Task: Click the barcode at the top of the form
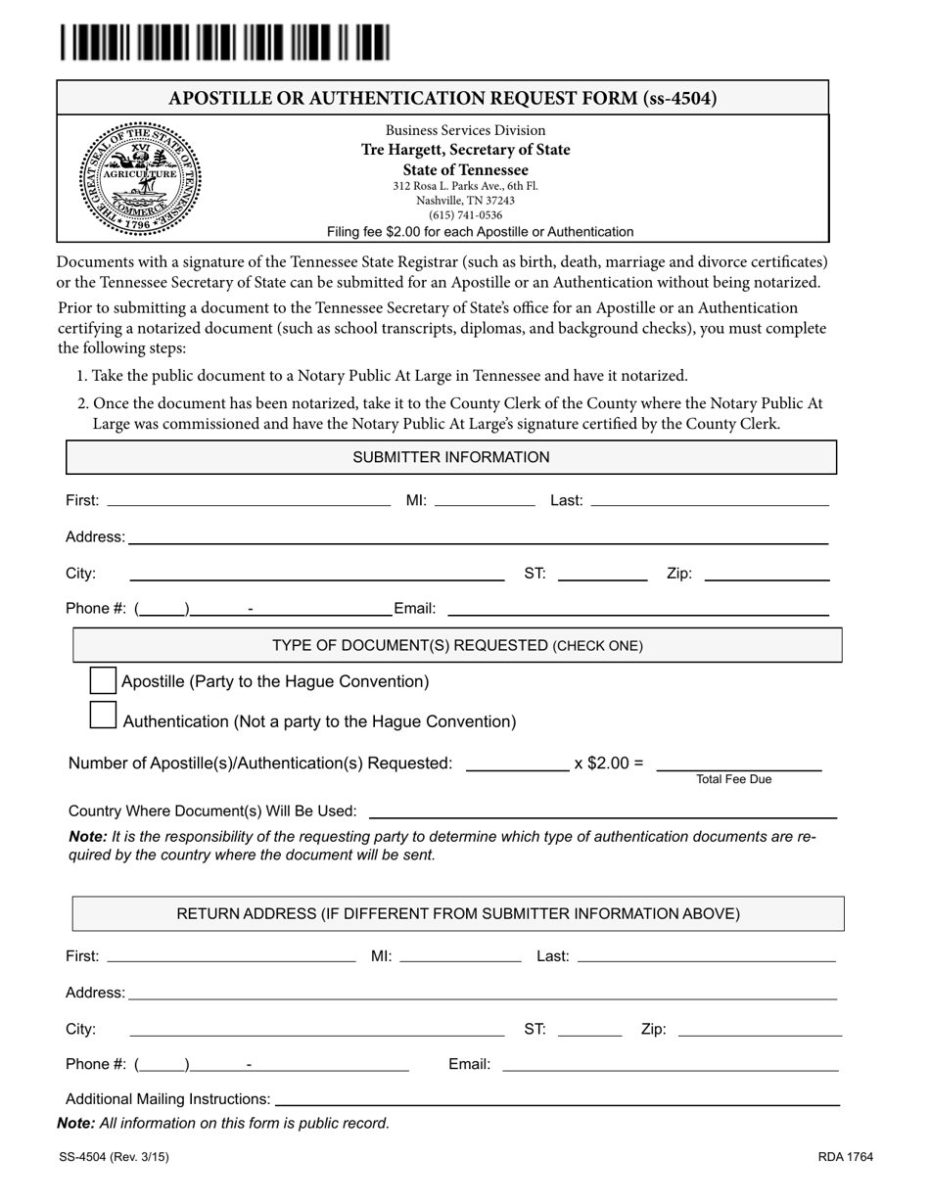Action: click(x=224, y=44)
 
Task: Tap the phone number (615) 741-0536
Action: click(x=465, y=215)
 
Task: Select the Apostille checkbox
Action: click(x=103, y=680)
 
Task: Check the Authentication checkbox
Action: click(x=103, y=716)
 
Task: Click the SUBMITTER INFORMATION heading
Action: click(x=450, y=457)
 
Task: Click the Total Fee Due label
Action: click(x=733, y=779)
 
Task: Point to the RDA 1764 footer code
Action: click(x=846, y=1157)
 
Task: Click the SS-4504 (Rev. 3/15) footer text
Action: click(x=114, y=1157)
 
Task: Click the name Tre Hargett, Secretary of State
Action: click(x=465, y=150)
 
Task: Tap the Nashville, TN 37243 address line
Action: click(x=465, y=201)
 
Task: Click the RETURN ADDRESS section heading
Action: click(x=458, y=913)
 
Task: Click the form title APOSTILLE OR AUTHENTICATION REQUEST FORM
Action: click(x=442, y=98)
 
